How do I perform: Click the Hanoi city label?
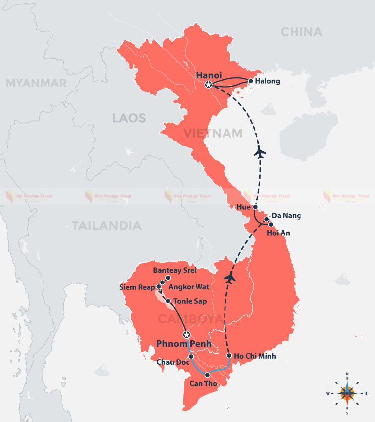[x=208, y=75]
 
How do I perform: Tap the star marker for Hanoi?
[x=209, y=85]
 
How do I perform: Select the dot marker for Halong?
[x=251, y=81]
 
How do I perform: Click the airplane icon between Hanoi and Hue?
[x=259, y=152]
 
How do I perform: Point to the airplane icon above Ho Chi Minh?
[x=229, y=278]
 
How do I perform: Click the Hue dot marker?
[x=255, y=207]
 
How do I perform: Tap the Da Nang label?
[x=287, y=216]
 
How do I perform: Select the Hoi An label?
[x=278, y=233]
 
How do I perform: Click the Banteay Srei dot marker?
[x=168, y=278]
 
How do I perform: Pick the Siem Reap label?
[x=138, y=287]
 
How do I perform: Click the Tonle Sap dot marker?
[x=168, y=301]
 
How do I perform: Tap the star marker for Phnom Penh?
[x=187, y=334]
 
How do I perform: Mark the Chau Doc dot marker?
[x=191, y=356]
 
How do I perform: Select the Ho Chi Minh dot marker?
[x=229, y=356]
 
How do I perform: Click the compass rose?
[x=347, y=393]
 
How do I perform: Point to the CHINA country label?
[x=301, y=32]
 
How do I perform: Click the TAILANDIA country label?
[x=106, y=226]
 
